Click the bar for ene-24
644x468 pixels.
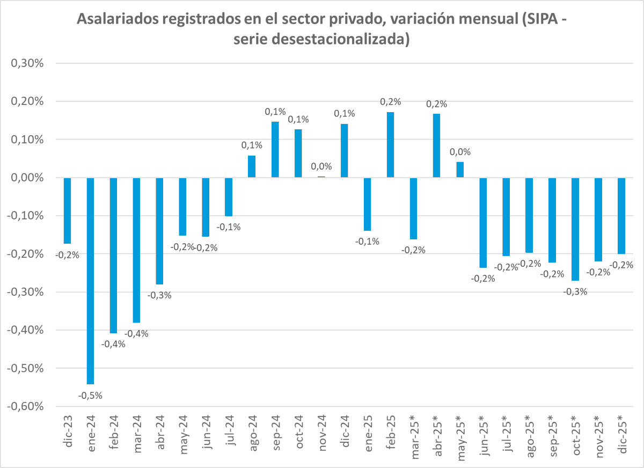pyautogui.click(x=90, y=281)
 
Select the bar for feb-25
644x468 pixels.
pyautogui.click(x=390, y=145)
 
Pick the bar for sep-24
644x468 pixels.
pyautogui.click(x=275, y=150)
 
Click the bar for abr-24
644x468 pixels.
pyautogui.click(x=159, y=231)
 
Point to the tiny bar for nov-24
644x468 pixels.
pyautogui.click(x=321, y=177)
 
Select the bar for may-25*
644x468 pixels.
pyautogui.click(x=460, y=170)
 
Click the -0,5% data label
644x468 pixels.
pyautogui.click(x=90, y=396)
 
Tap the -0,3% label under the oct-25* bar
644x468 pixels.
pyautogui.click(x=575, y=291)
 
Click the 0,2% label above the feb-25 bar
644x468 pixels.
pyautogui.click(x=390, y=102)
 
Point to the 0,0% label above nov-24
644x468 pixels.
pyautogui.click(x=321, y=166)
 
